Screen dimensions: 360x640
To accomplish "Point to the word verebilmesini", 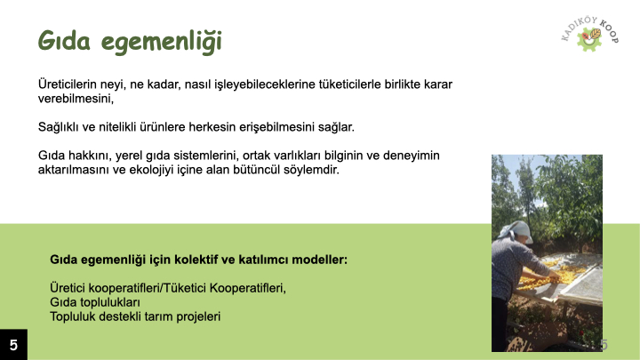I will point(76,100).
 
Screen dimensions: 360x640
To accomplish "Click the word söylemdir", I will point(312,169).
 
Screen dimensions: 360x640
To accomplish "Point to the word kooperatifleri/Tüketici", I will point(150,288).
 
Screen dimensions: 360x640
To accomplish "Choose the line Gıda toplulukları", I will point(96,302).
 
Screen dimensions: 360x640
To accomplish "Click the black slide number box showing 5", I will point(13,345).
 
